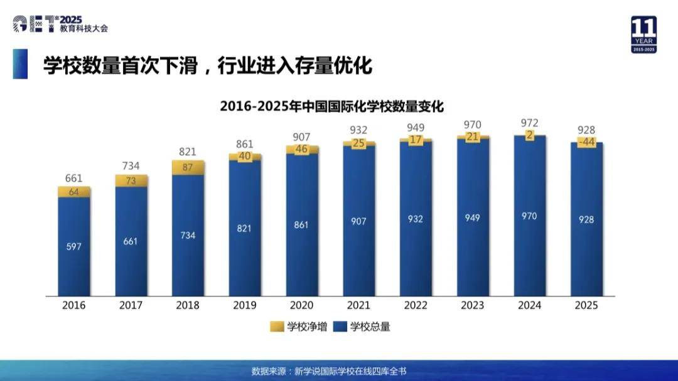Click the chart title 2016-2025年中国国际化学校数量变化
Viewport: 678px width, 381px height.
(x=331, y=107)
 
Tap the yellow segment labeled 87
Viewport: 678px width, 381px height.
(x=188, y=167)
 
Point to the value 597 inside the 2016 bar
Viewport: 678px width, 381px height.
(x=74, y=246)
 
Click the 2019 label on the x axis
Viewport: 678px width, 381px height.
(x=244, y=306)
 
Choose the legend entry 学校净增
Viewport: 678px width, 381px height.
(x=299, y=326)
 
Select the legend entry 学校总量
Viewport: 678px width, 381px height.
(x=362, y=326)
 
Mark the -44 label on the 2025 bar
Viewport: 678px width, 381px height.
(x=586, y=142)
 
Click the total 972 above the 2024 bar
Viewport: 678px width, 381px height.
(x=529, y=123)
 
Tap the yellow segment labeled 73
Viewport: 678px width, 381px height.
(x=131, y=181)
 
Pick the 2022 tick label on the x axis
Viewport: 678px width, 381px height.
(x=415, y=306)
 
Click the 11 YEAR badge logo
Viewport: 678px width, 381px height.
(x=643, y=34)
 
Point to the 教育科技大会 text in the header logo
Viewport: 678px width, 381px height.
(x=88, y=29)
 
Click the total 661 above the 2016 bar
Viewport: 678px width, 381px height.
(x=74, y=179)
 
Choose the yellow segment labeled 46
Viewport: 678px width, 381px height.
(x=301, y=149)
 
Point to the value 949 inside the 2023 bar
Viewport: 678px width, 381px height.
(x=472, y=218)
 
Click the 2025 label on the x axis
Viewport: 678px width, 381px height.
(x=586, y=306)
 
